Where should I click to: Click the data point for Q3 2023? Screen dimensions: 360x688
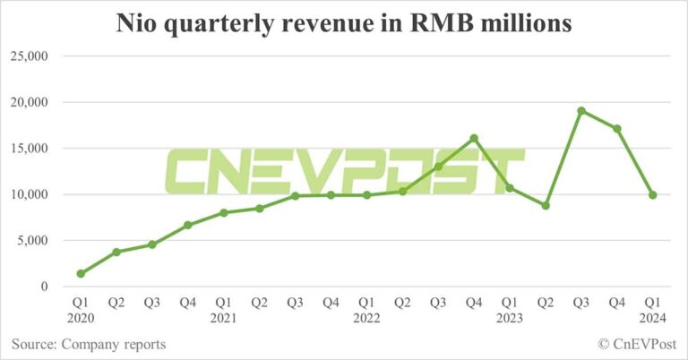coord(581,111)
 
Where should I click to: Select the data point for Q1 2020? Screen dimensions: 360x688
coord(81,273)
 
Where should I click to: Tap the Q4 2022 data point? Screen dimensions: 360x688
coord(474,138)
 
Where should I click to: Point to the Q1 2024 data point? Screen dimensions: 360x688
coord(653,194)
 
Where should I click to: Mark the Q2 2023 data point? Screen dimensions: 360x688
coord(546,205)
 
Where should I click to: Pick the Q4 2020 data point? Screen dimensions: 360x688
coord(188,225)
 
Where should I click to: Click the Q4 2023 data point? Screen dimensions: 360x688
coord(617,128)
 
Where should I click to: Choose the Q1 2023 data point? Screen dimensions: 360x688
coord(510,187)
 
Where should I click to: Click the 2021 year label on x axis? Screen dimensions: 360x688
coord(224,319)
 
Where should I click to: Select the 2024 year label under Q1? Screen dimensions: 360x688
coord(653,319)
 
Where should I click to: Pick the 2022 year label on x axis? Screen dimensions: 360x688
coord(366,319)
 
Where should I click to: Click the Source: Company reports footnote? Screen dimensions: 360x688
coord(89,344)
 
